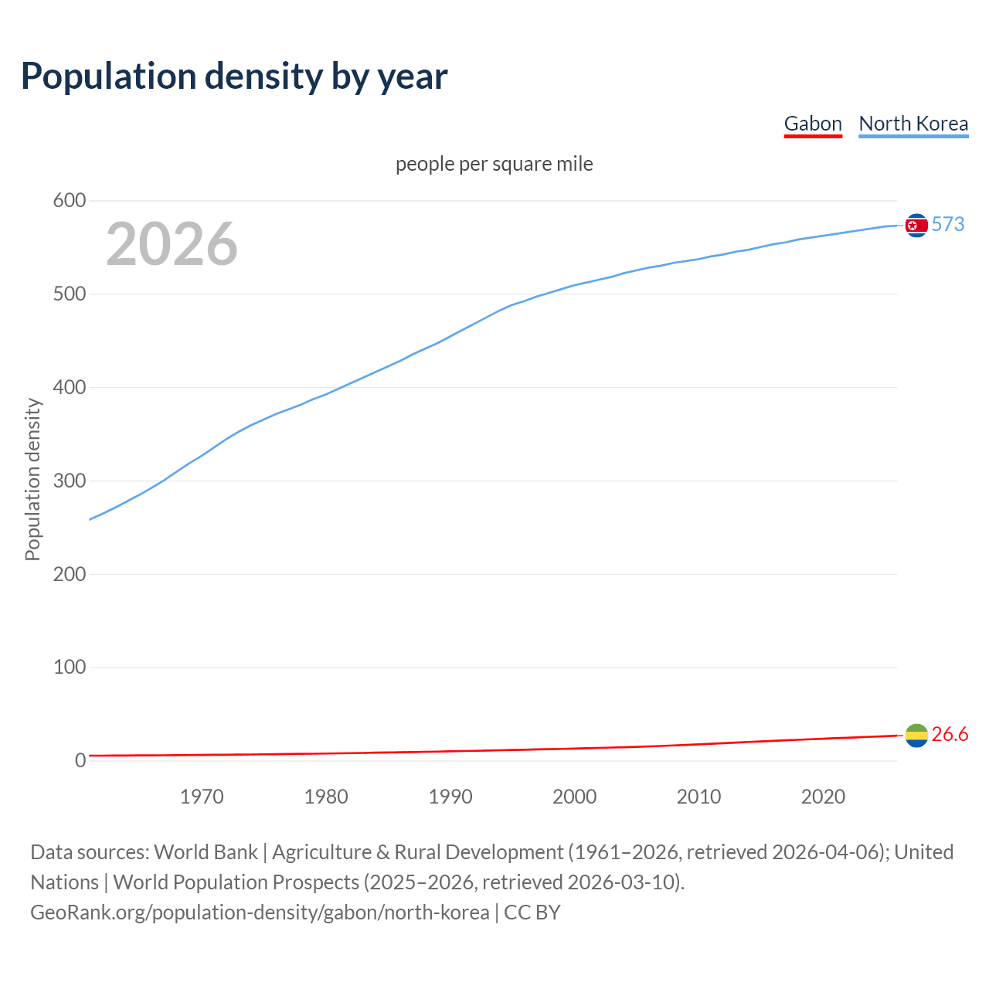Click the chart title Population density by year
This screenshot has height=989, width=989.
click(234, 76)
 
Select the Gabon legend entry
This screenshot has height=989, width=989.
click(813, 124)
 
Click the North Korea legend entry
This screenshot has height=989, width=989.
click(913, 124)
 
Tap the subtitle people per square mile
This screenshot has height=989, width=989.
click(494, 164)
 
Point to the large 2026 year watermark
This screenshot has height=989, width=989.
click(172, 244)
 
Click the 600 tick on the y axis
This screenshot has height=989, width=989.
click(69, 201)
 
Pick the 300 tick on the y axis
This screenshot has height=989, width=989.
click(69, 481)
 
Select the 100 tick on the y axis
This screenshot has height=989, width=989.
click(69, 667)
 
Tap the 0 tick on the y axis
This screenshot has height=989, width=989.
click(80, 760)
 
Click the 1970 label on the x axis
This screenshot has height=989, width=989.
click(202, 797)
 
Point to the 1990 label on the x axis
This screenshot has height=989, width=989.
click(450, 797)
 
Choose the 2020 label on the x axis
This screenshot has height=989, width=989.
click(823, 797)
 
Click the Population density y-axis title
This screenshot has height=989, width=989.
click(32, 479)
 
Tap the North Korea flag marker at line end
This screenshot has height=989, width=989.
click(916, 225)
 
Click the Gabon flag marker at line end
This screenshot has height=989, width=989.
click(916, 736)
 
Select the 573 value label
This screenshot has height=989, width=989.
click(948, 224)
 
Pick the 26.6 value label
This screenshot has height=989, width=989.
click(950, 734)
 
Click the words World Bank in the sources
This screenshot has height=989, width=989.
click(206, 852)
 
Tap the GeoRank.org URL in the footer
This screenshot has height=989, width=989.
click(260, 913)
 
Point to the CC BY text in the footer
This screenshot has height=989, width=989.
click(532, 913)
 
